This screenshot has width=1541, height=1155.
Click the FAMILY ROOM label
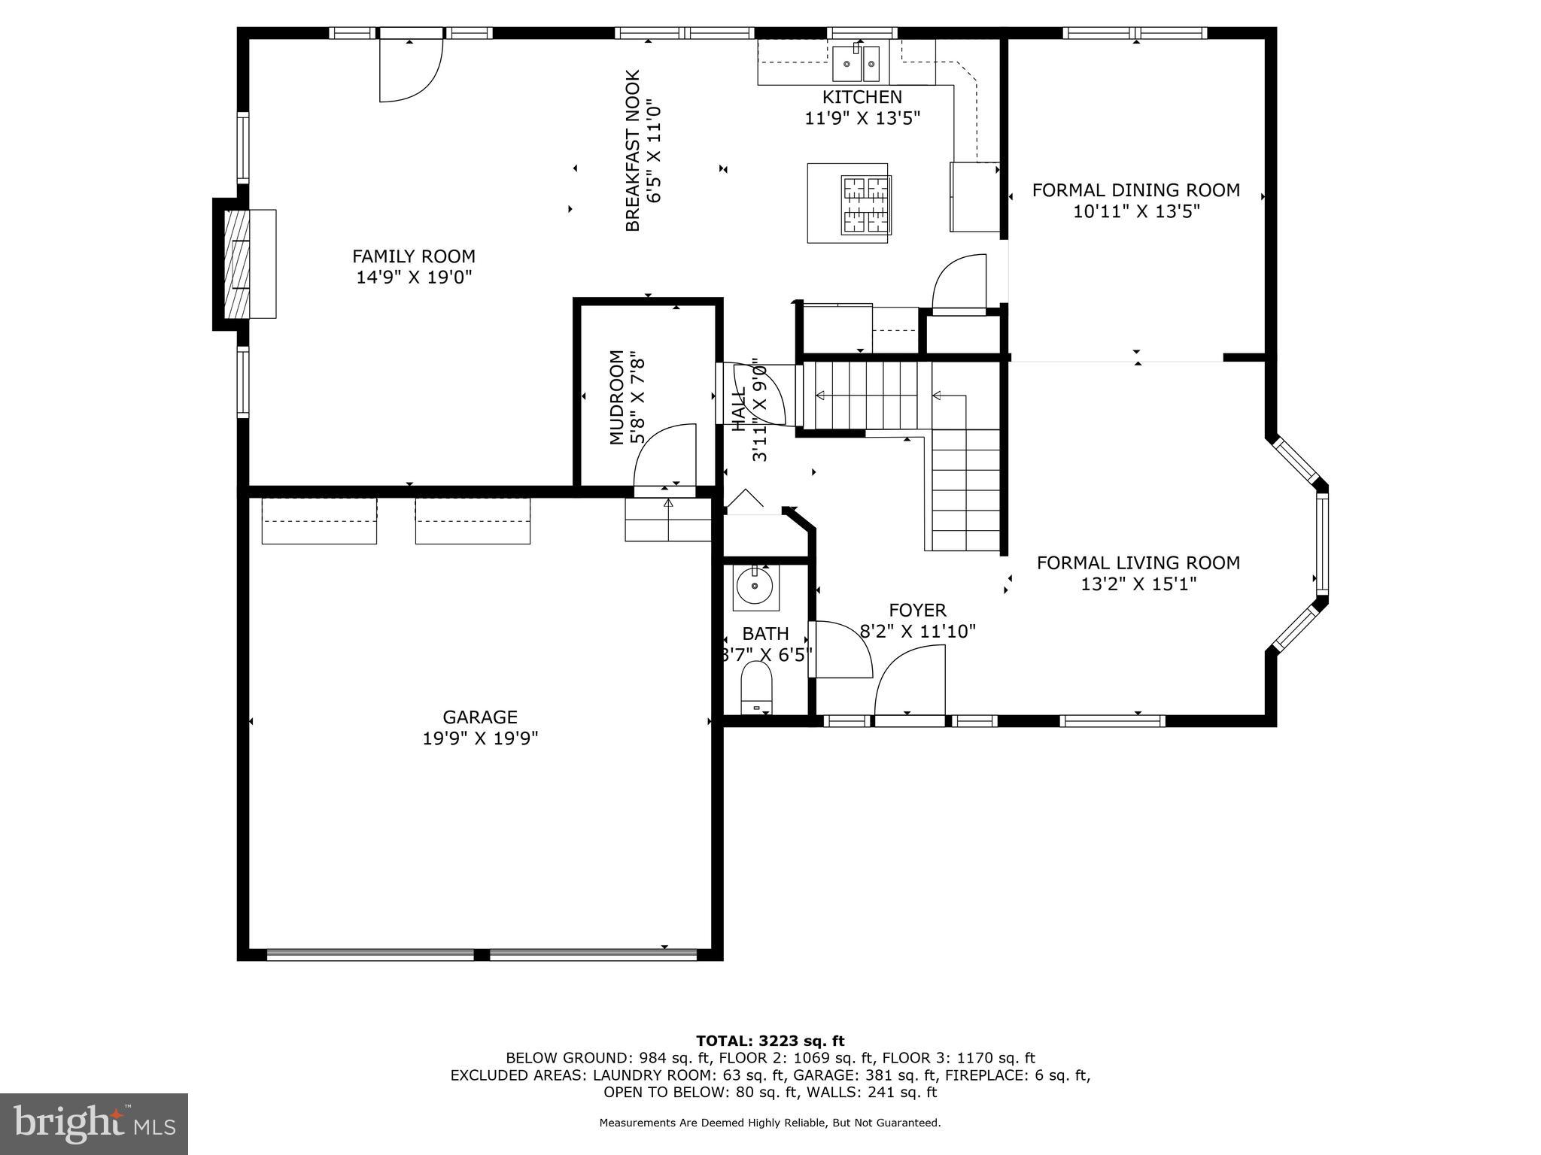click(x=414, y=256)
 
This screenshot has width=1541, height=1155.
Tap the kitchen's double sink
click(x=856, y=62)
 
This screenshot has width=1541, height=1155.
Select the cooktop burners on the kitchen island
click(x=866, y=205)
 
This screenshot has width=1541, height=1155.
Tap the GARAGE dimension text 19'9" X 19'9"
click(x=480, y=738)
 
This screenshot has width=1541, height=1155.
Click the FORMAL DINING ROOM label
click(x=1135, y=190)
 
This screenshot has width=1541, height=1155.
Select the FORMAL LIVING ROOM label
click(x=1138, y=562)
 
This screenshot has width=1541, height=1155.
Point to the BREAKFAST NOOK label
click(x=633, y=150)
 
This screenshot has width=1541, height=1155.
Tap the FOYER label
click(x=917, y=610)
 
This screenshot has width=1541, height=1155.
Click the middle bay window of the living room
click(x=1322, y=544)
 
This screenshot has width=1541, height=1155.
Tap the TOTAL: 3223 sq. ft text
click(x=770, y=1041)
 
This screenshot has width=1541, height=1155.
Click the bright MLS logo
click(x=94, y=1123)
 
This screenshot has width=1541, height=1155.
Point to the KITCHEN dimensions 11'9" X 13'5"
click(x=862, y=118)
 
